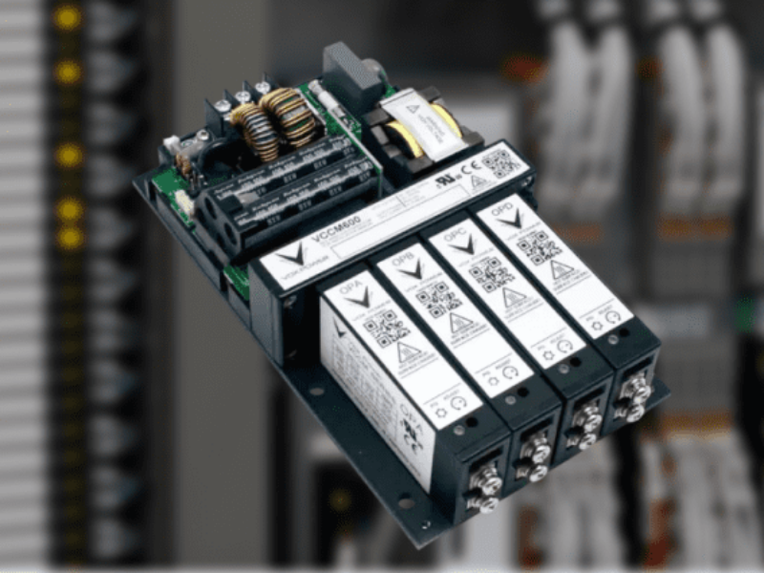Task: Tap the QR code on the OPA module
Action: pos(387,328)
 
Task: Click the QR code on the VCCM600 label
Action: pos(499,162)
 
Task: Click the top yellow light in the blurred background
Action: pos(67,18)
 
